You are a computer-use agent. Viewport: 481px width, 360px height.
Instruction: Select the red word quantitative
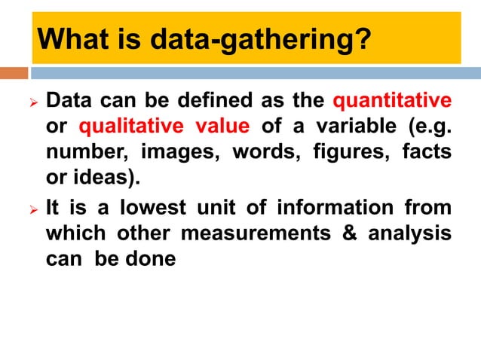(x=392, y=100)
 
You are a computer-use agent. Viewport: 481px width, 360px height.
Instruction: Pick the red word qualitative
(x=127, y=127)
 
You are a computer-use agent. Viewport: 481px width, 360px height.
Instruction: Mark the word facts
(x=427, y=153)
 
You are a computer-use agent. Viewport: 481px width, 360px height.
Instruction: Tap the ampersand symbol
(x=349, y=233)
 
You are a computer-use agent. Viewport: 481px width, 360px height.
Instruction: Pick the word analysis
(x=410, y=233)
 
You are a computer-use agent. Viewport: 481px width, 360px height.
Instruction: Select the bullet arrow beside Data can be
(x=23, y=101)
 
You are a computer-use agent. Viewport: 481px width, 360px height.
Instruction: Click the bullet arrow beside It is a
(x=23, y=207)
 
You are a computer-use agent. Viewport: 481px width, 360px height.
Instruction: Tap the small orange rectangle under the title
(x=14, y=73)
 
